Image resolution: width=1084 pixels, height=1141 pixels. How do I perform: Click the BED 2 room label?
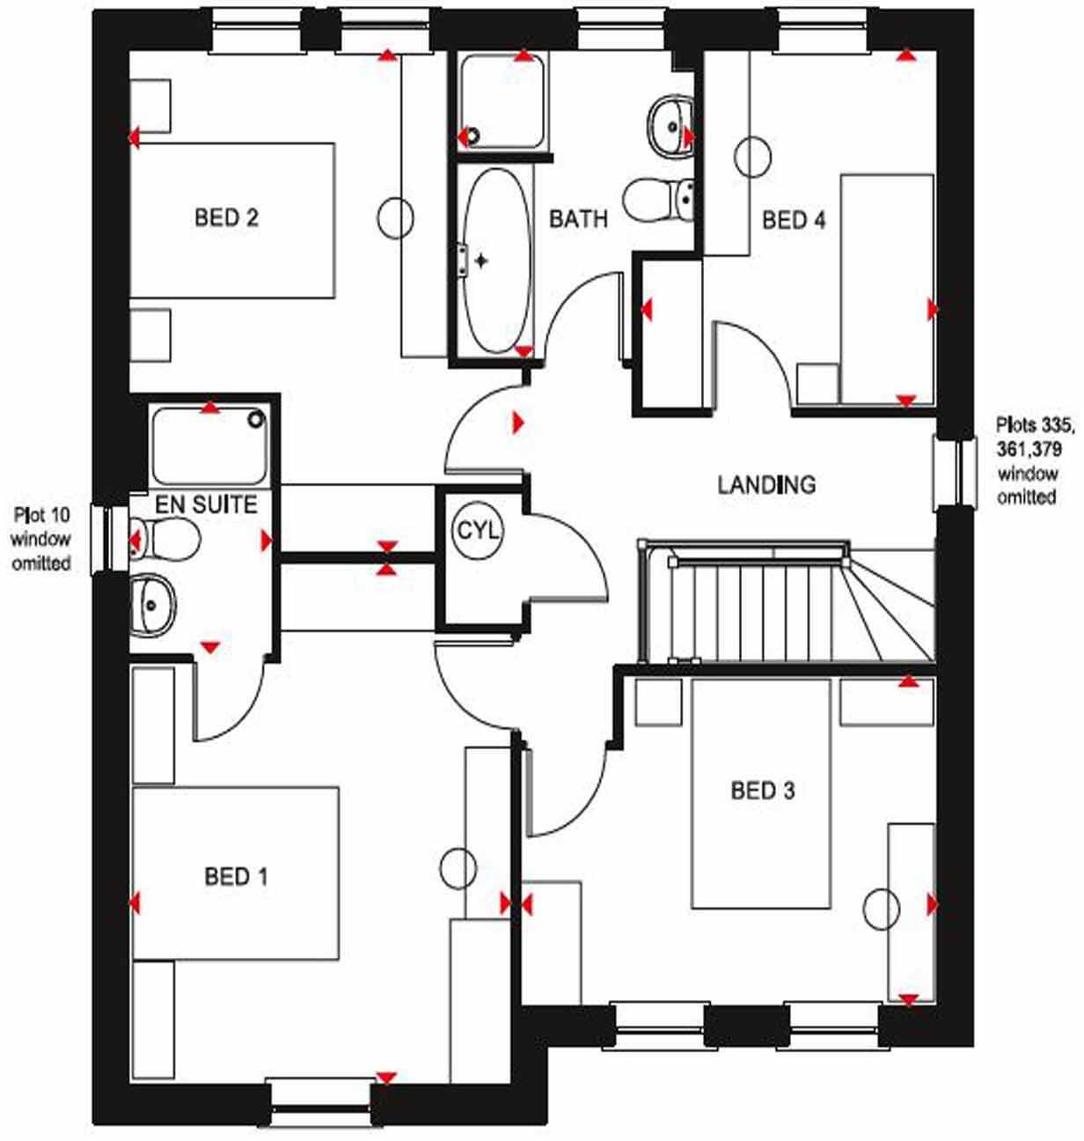226,217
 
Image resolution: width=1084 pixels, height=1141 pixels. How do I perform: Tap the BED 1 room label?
235,876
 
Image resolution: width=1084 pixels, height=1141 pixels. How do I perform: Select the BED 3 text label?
762,791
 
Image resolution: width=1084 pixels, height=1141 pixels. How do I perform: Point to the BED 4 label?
794,220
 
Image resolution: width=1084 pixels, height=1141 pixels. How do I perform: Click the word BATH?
578,218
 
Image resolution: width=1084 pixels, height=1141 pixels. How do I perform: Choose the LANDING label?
765,484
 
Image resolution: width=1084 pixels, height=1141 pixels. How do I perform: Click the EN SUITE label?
206,504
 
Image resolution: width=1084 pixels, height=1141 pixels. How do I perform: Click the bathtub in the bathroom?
496,261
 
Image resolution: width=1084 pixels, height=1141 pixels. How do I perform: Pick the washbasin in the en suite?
151,605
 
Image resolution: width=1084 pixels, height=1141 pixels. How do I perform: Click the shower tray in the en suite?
209,445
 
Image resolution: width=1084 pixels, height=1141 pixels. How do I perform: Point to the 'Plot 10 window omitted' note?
40,538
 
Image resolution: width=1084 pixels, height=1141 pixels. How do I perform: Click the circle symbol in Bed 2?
396,217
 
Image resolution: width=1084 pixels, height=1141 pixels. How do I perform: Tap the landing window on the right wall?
956,473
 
